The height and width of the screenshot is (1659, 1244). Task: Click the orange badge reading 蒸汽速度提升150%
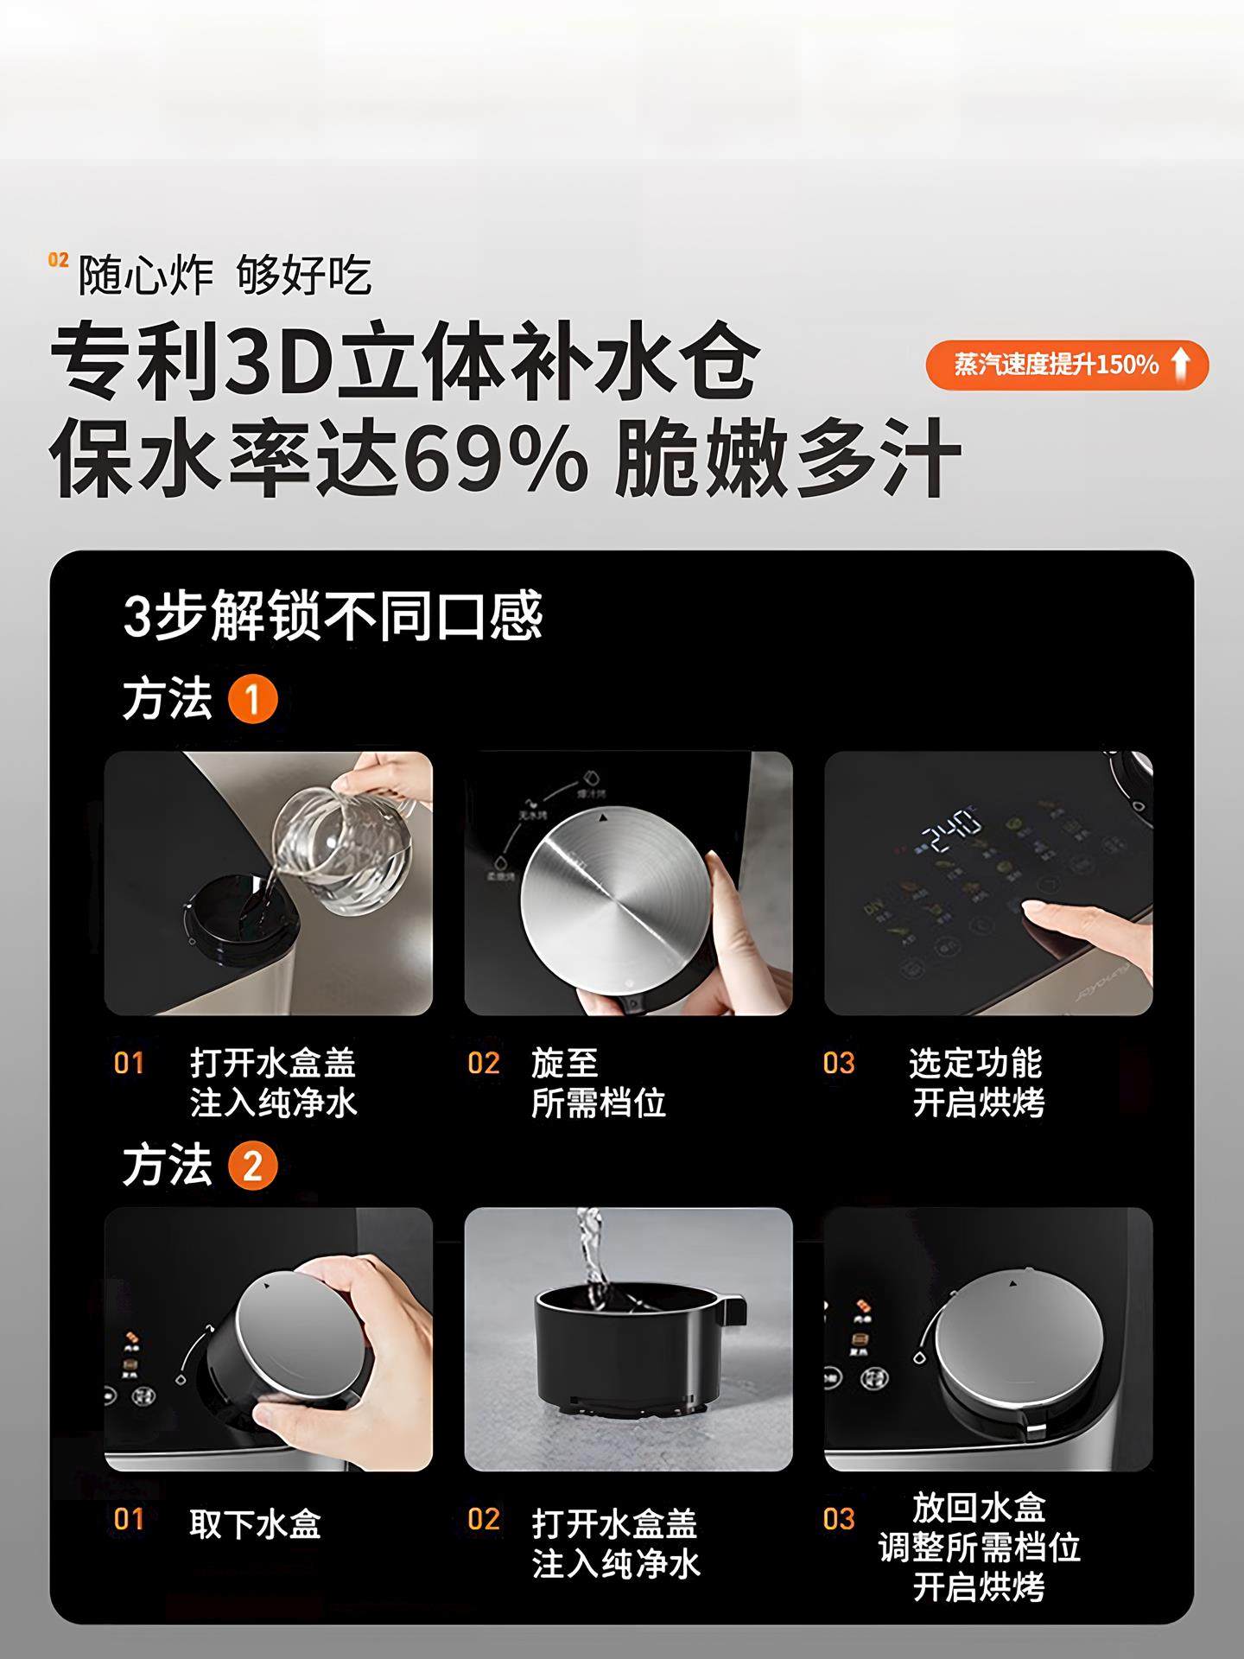1065,365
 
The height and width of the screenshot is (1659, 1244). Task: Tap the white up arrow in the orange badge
1180,364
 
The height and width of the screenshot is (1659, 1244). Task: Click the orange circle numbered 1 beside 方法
252,700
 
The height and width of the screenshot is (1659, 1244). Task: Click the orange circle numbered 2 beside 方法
252,1166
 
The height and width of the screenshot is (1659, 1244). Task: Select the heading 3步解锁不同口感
333,615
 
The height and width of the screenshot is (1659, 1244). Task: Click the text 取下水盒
256,1523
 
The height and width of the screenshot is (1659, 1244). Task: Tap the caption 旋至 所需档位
598,1083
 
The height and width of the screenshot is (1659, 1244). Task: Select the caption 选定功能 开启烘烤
977,1083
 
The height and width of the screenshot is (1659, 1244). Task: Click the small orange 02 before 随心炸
58,260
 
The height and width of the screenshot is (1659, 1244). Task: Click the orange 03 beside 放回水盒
838,1518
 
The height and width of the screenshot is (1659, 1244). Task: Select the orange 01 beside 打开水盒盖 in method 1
129,1063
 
